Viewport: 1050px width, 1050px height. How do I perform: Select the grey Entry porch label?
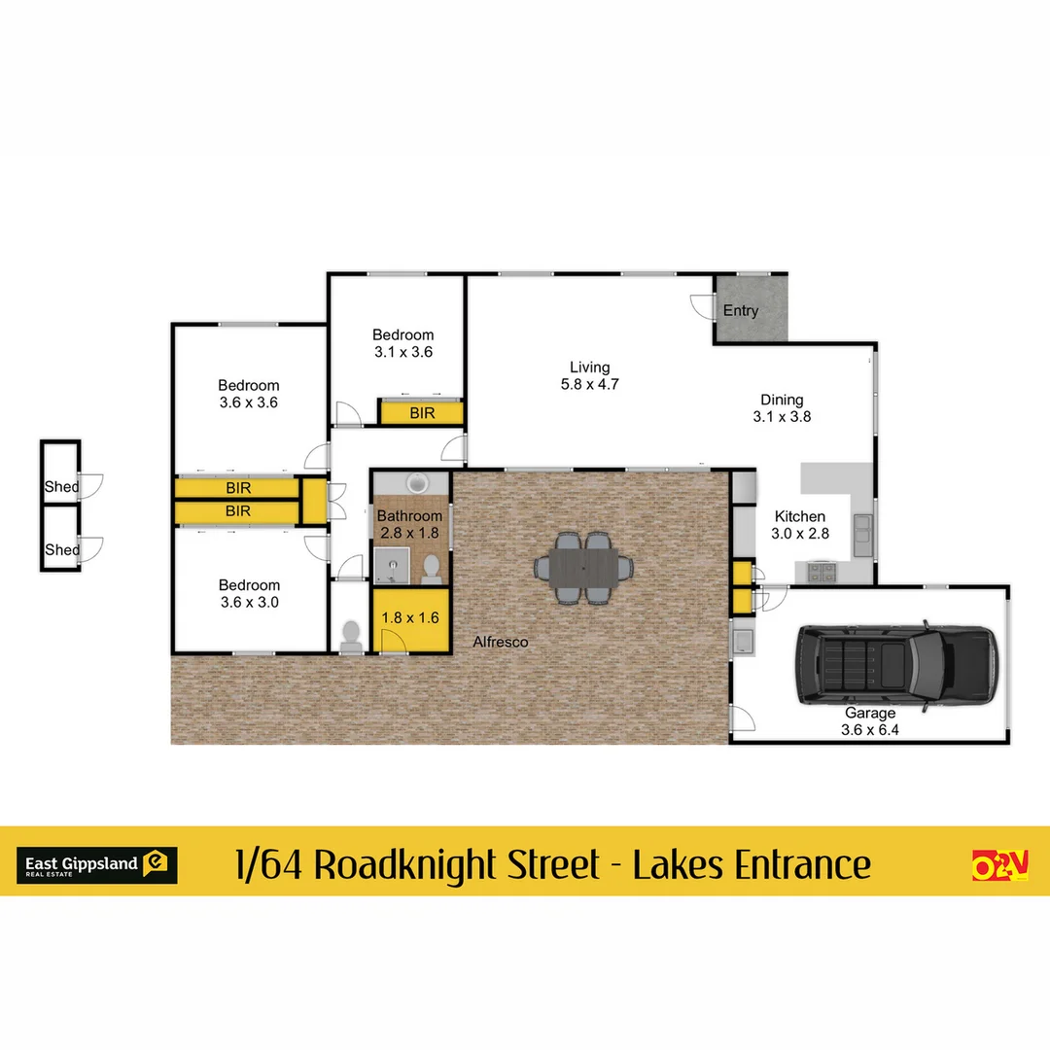(741, 311)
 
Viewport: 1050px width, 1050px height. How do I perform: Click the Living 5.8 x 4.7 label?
(590, 375)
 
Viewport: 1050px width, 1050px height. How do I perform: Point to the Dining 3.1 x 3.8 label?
(782, 407)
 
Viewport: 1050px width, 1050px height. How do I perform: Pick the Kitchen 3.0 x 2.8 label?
(799, 525)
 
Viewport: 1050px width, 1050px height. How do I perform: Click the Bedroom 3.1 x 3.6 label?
(403, 343)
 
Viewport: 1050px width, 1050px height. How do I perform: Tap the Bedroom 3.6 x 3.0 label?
(249, 593)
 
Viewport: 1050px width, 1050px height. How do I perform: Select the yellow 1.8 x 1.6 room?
(410, 617)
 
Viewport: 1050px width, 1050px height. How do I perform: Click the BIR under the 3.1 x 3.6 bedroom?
(422, 413)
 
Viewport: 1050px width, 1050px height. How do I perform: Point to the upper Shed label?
(61, 486)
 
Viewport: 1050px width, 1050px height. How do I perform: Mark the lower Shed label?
(61, 549)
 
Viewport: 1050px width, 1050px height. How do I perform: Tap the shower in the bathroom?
(391, 564)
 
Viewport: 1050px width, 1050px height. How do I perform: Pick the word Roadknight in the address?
(456, 863)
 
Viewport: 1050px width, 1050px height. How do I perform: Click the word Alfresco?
(501, 642)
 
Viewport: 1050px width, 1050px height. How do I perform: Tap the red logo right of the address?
(999, 863)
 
